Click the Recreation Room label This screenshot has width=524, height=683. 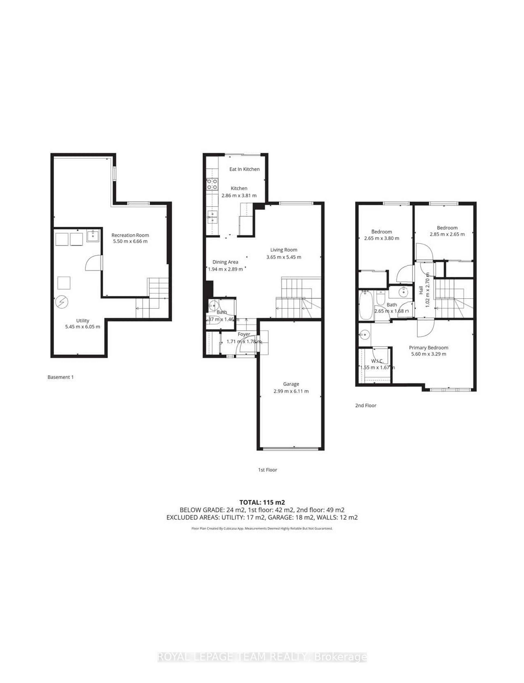pyautogui.click(x=130, y=235)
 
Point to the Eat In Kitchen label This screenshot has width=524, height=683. pyautogui.click(x=244, y=169)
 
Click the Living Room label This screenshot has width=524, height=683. pyautogui.click(x=284, y=250)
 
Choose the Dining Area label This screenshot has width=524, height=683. pyautogui.click(x=225, y=262)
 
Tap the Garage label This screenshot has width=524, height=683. pyautogui.click(x=291, y=384)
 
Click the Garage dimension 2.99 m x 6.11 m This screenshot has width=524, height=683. pyautogui.click(x=291, y=391)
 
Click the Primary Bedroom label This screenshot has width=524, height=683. pyautogui.click(x=429, y=347)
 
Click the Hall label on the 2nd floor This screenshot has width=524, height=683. pyautogui.click(x=421, y=290)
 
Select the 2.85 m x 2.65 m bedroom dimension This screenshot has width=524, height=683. pyautogui.click(x=447, y=234)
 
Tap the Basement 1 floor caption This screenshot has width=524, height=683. pyautogui.click(x=60, y=377)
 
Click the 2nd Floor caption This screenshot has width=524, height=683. pyautogui.click(x=366, y=405)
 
